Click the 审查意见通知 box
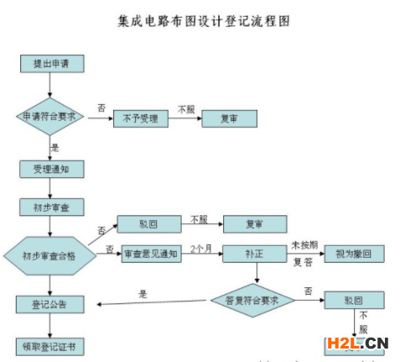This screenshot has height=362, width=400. [151, 254]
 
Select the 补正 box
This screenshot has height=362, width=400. [255, 254]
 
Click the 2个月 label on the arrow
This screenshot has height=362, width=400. [201, 249]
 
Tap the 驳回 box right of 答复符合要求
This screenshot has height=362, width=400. [353, 300]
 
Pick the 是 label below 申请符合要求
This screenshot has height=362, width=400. [56, 146]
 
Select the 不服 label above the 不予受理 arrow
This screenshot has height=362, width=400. [186, 108]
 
